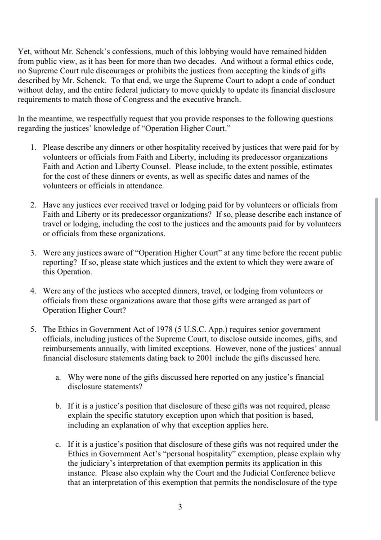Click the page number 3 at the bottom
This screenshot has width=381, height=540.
click(x=179, y=508)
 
